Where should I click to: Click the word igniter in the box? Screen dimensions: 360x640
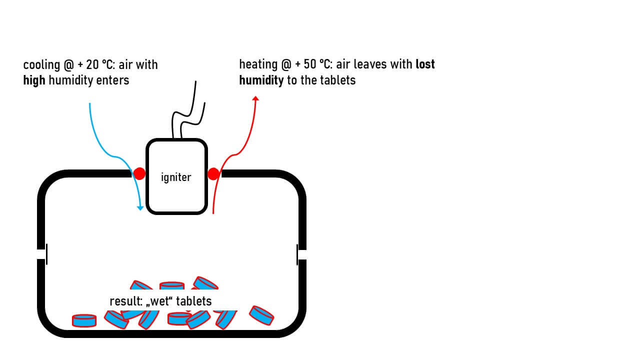point(176,177)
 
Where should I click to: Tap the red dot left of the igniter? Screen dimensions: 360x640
point(139,173)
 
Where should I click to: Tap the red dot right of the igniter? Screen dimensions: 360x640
point(213,173)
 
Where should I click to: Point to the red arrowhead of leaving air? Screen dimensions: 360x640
point(255,98)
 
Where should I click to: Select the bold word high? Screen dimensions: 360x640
point(34,80)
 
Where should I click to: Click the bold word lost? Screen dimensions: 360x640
point(425,64)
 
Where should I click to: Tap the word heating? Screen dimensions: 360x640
point(258,65)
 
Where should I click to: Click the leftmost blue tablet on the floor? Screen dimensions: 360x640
point(84,320)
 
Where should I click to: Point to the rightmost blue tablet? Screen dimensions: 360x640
point(261,315)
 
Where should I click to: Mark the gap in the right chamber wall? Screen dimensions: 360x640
point(301,254)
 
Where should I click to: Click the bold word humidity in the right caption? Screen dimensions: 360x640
point(261,80)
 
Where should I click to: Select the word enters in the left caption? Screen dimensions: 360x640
point(115,80)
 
